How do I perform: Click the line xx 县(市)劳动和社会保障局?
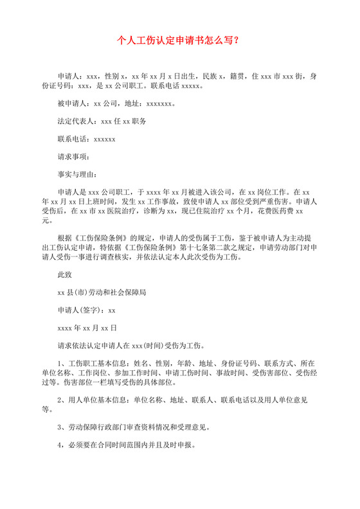tap(102, 291)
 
